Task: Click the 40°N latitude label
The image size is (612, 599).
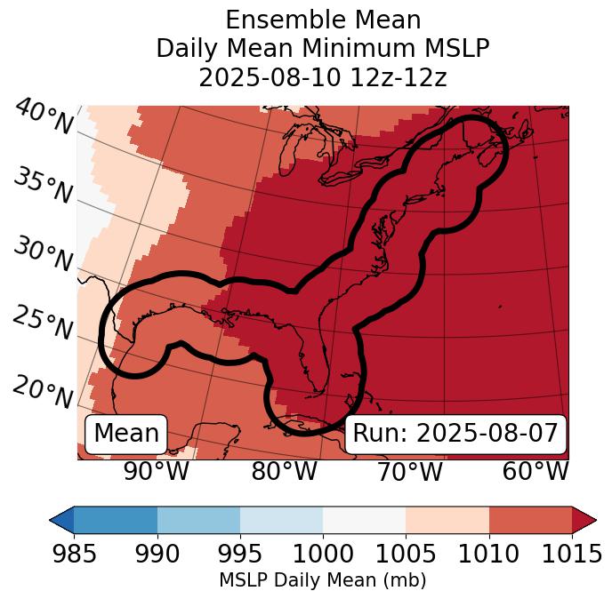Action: [44, 118]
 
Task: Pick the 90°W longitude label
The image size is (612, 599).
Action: [157, 471]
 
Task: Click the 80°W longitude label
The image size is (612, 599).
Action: [284, 471]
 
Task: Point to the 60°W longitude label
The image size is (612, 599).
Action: [535, 471]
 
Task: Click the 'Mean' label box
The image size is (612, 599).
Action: [126, 434]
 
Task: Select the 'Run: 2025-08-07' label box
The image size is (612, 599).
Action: [455, 434]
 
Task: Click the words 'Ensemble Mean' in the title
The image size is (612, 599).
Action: [323, 20]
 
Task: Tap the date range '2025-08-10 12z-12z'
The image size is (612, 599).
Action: [323, 78]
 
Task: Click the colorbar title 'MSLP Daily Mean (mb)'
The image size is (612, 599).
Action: [323, 580]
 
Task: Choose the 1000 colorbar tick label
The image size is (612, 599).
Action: [323, 555]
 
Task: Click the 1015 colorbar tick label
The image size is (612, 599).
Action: [572, 555]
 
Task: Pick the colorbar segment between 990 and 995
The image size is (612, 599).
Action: [198, 520]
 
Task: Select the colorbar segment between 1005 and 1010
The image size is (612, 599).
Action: [447, 520]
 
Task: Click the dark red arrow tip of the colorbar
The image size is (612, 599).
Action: [584, 520]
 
